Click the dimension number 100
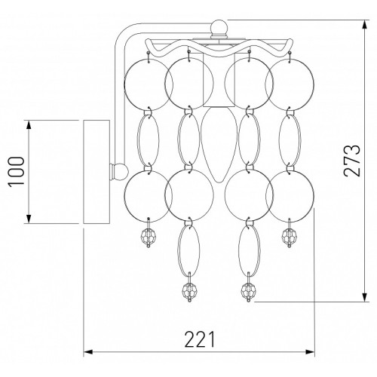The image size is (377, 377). [17, 172]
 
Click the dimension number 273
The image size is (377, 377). [352, 161]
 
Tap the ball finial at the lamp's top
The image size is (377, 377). [219, 26]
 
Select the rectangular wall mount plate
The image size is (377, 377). [97, 172]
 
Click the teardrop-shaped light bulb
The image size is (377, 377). [219, 145]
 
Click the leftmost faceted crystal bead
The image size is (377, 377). [149, 236]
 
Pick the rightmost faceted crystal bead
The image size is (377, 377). [290, 236]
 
